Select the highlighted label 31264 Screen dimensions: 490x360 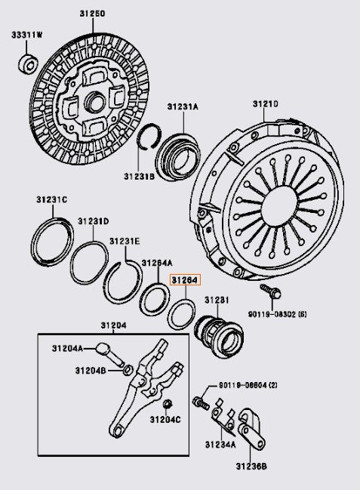[x=185, y=279]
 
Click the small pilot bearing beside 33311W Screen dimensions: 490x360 [x=29, y=64]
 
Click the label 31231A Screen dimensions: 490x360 [x=182, y=109]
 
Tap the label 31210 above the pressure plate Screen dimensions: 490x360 [x=265, y=103]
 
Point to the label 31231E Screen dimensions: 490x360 [x=124, y=241]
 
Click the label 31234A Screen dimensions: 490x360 [x=219, y=445]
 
